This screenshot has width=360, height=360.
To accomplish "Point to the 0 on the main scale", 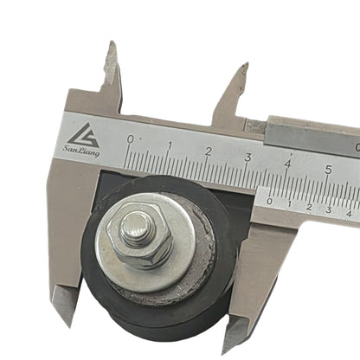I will pos(131,138).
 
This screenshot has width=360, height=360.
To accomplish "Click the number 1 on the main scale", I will pos(170,145).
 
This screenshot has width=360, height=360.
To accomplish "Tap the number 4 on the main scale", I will pos(288,163).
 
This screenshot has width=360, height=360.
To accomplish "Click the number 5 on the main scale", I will pos(328,170).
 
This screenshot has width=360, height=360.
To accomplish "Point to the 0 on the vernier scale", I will pos(269,201).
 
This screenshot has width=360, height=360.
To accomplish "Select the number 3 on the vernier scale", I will pos(329,210).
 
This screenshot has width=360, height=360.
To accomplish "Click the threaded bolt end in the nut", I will pos(136,229).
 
